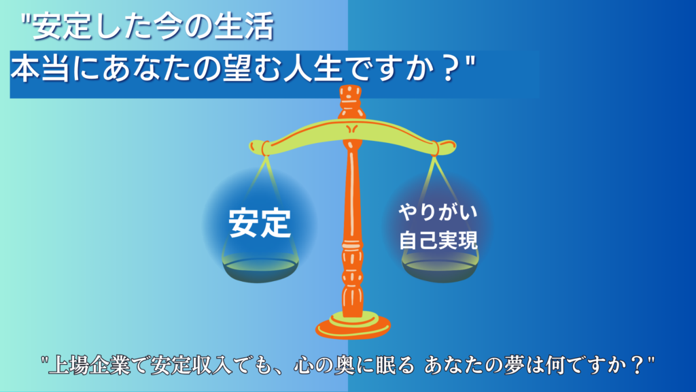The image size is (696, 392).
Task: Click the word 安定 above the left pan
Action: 260,223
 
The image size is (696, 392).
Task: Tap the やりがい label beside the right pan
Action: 438,212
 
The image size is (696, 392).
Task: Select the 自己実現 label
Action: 438,240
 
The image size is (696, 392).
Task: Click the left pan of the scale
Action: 260,269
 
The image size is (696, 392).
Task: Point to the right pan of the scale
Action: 440,269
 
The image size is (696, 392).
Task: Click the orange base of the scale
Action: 353,327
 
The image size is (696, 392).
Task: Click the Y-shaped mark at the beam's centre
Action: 351,129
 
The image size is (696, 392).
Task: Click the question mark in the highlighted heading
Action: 451,70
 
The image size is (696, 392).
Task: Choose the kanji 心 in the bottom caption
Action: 304,365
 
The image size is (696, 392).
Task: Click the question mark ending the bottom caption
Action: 638,365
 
